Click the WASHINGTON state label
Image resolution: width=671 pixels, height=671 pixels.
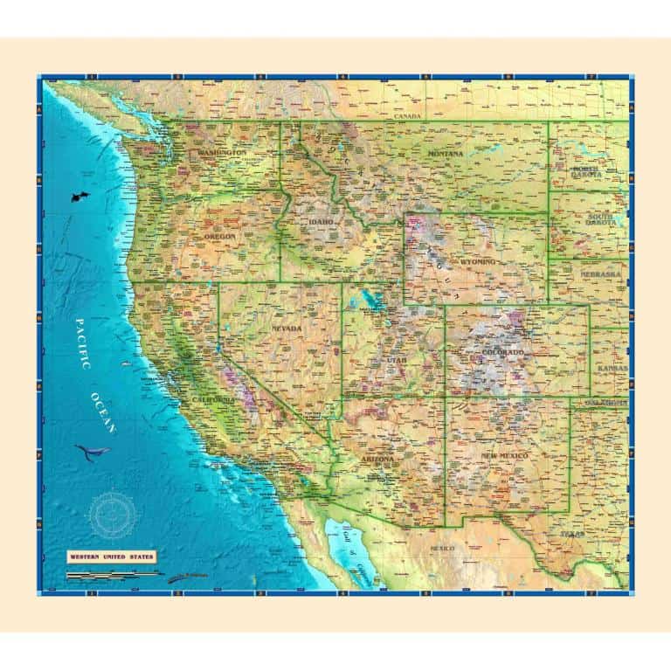click(x=222, y=153)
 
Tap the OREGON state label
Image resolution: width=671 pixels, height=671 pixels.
click(x=220, y=236)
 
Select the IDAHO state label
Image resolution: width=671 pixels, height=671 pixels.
click(x=321, y=222)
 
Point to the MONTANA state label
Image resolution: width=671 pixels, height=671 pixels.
click(x=446, y=154)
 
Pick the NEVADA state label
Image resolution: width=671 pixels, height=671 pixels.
click(x=286, y=329)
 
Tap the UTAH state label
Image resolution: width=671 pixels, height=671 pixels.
click(x=398, y=359)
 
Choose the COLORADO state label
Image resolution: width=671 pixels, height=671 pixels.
click(x=503, y=352)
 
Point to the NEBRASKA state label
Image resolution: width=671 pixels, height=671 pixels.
click(x=601, y=274)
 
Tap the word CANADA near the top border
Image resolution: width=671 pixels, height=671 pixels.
click(x=407, y=116)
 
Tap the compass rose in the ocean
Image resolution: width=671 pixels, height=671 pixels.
click(x=112, y=513)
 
